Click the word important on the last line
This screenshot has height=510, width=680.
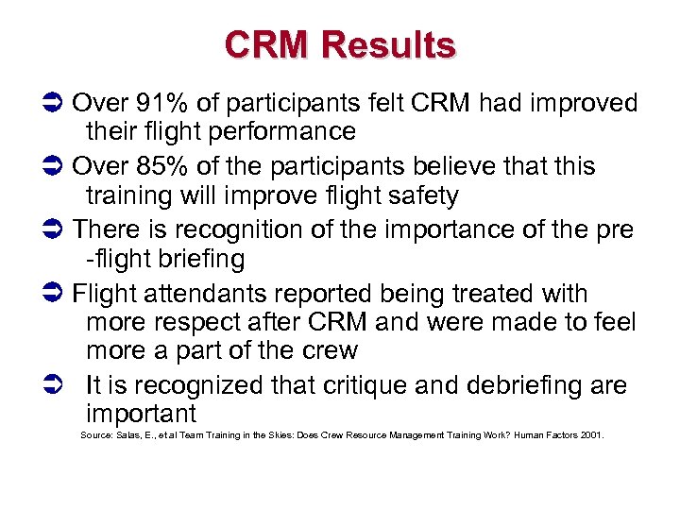tap(141, 414)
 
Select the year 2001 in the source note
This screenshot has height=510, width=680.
tap(591, 435)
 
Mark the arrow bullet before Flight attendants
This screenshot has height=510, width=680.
tap(53, 294)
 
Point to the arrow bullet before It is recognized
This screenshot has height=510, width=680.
tap(53, 385)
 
